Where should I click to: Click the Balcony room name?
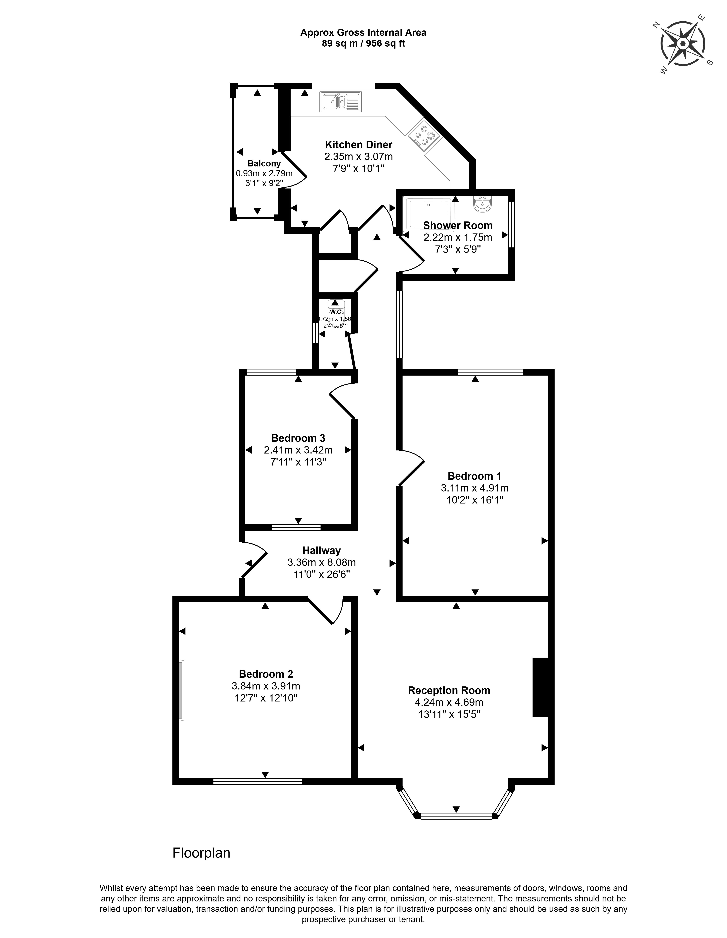click(x=264, y=164)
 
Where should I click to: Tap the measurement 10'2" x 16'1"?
click(x=474, y=500)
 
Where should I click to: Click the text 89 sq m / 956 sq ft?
click(x=363, y=43)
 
